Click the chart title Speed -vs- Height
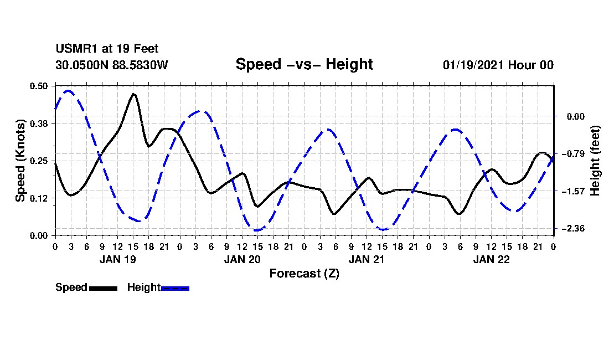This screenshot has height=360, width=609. (x=304, y=64)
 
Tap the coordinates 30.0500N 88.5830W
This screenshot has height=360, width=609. (x=111, y=65)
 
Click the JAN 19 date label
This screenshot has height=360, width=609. (x=117, y=259)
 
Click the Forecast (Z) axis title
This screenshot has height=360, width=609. (x=304, y=274)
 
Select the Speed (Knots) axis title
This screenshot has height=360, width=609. (x=20, y=161)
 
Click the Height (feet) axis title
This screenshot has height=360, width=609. (x=595, y=161)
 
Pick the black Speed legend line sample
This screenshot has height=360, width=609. (x=103, y=288)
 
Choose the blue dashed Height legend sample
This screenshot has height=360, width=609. (x=175, y=288)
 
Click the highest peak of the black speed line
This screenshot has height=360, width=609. (x=133, y=94)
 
